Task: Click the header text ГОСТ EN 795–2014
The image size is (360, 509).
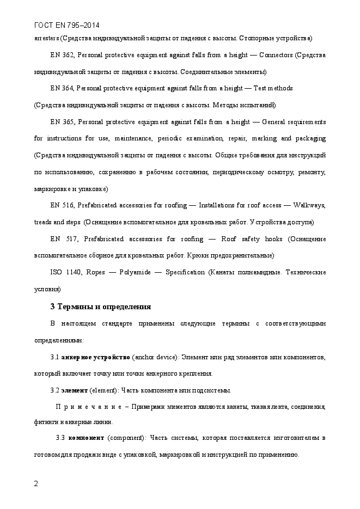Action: point(66,26)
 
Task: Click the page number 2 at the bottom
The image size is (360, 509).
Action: point(36,483)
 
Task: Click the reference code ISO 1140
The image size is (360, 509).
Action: point(64,272)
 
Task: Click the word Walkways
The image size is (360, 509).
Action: point(309,205)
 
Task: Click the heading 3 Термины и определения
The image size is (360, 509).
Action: point(100,306)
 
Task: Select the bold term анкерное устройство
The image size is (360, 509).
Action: point(96,357)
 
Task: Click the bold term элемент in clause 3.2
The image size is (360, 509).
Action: point(74,390)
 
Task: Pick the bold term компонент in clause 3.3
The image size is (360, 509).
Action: point(87,438)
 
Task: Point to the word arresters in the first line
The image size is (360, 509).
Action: point(46,39)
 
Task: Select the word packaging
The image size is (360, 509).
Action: point(311,138)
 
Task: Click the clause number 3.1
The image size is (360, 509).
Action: point(54,357)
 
